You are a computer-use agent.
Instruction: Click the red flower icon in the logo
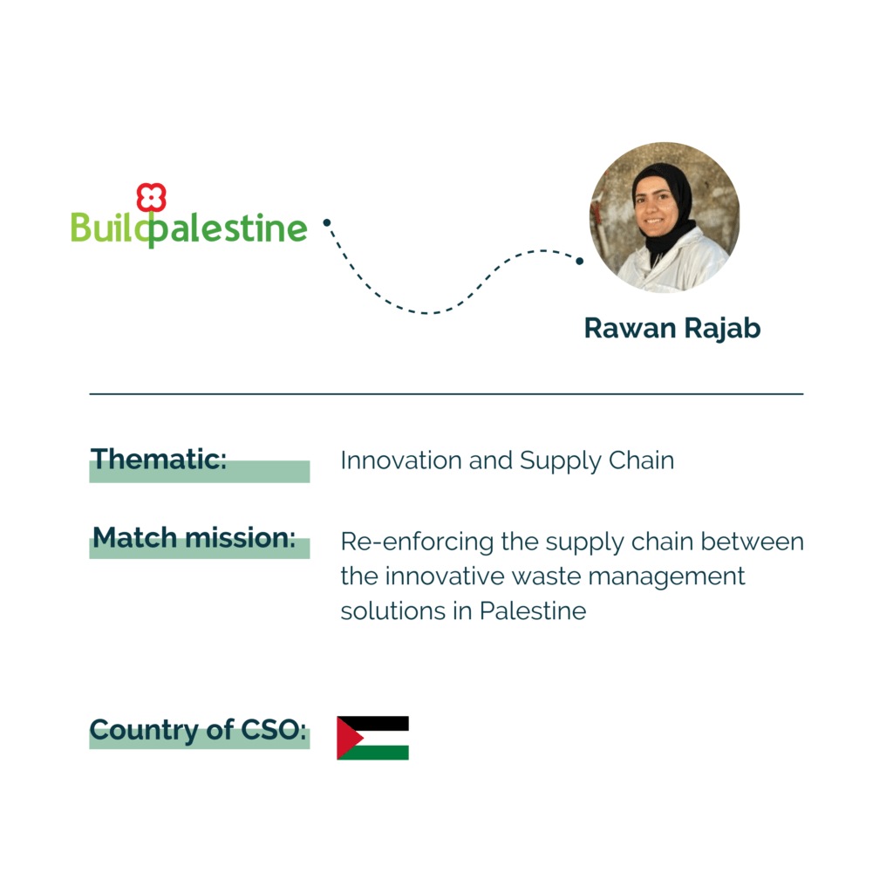pos(151,197)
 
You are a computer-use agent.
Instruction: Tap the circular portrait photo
pos(664,217)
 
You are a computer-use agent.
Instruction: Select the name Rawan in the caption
pos(631,328)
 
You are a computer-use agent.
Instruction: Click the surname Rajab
pos(722,329)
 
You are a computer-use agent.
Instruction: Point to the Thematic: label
pos(159,459)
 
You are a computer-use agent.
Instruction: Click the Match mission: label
pos(194,537)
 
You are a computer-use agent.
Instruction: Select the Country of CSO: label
pos(198,730)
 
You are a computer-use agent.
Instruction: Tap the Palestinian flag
pos(373,738)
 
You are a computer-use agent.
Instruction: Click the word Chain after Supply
pos(641,460)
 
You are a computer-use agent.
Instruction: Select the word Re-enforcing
pos(417,542)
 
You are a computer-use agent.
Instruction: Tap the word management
pos(666,577)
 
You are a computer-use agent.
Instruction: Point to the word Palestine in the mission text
pos(533,611)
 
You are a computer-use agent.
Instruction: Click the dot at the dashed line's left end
pos(327,222)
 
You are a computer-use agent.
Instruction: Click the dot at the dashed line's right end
pos(579,261)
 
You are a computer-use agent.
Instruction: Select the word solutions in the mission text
pos(393,611)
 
